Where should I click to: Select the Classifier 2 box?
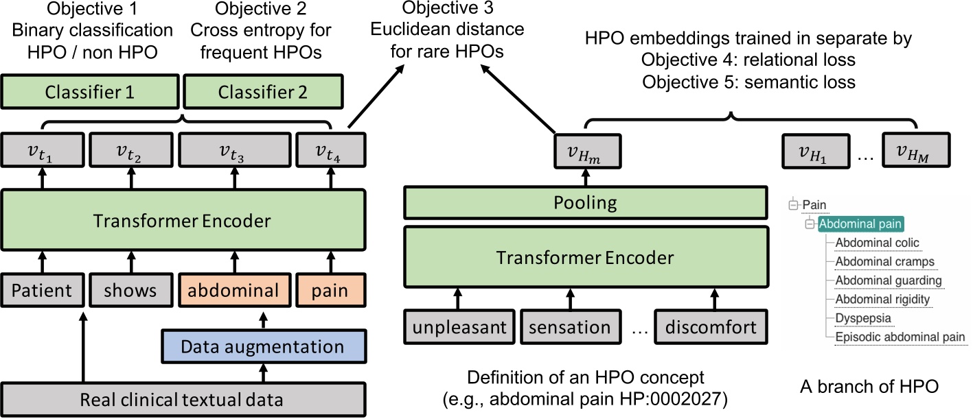point(264,92)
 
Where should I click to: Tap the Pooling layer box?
point(585,204)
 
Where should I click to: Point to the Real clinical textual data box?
point(181,399)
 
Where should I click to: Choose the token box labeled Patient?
point(41,290)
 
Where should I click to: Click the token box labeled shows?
point(130,290)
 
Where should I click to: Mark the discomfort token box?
point(711,328)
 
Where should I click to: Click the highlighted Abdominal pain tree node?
point(860,224)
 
